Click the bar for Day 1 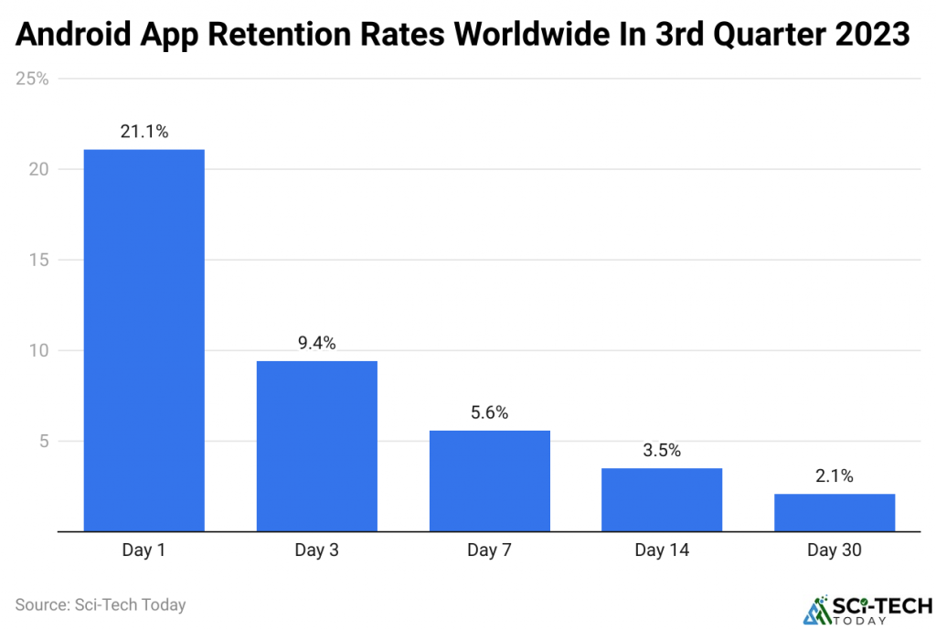pos(144,340)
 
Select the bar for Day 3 pos(316,446)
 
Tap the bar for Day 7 pos(489,480)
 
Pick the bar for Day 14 pos(662,499)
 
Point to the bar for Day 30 pos(835,512)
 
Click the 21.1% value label pos(144,132)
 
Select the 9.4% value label pos(316,344)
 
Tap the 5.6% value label pos(489,413)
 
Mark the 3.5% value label pos(662,451)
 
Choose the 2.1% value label pos(835,476)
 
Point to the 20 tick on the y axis pos(39,169)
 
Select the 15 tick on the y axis pos(39,260)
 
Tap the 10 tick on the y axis pos(39,350)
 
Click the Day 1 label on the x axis pos(144,550)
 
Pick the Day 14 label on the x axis pos(662,550)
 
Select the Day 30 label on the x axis pos(835,550)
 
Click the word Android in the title pos(75,36)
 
